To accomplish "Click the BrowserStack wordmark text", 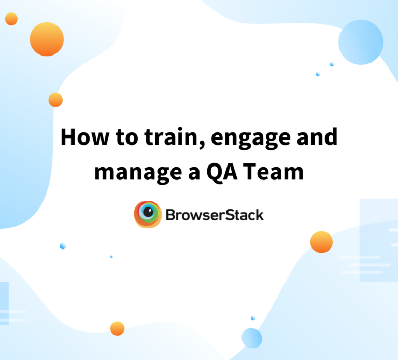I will [215, 214].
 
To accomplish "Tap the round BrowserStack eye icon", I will [148, 214].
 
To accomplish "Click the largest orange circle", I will [47, 39].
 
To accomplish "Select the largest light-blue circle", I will [361, 42].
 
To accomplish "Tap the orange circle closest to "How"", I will [55, 100].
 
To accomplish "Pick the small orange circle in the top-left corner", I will [11, 19].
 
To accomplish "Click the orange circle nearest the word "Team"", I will [321, 242].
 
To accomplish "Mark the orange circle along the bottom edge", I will [118, 328].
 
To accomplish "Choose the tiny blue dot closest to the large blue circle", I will [332, 64].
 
